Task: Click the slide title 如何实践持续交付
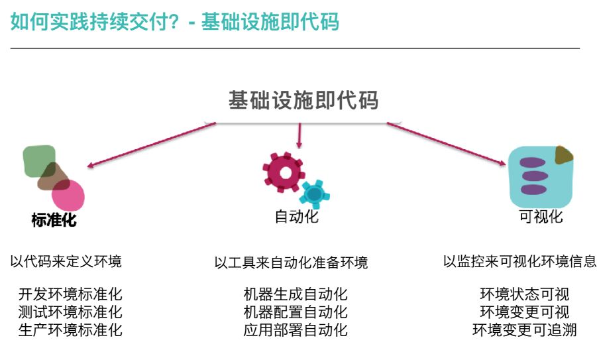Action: [x=174, y=22]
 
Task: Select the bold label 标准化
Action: [x=54, y=220]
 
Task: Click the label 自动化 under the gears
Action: [x=296, y=217]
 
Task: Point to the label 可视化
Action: [x=541, y=217]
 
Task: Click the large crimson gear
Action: [x=284, y=172]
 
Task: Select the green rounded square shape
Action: [x=39, y=160]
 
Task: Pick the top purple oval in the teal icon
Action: [x=533, y=162]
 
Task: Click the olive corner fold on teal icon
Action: [x=563, y=154]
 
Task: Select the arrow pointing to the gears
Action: [x=299, y=136]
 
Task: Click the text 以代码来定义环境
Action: [x=66, y=261]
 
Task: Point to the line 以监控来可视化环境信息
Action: [x=519, y=261]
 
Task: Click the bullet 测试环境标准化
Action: [x=70, y=312]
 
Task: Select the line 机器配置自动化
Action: [x=295, y=312]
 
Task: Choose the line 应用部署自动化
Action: [x=295, y=330]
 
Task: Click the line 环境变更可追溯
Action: [x=524, y=330]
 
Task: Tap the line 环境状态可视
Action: [x=524, y=294]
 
